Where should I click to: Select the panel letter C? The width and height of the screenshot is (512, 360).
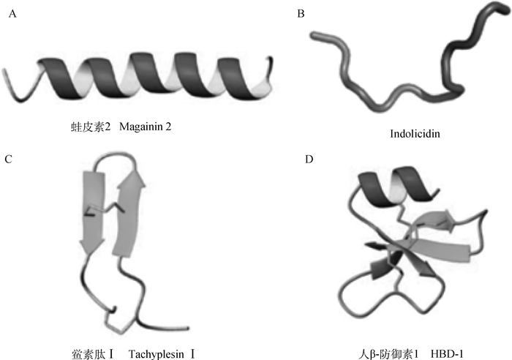[10, 158]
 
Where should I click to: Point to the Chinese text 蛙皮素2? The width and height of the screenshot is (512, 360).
[81, 127]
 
